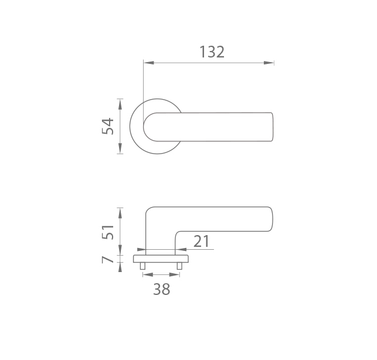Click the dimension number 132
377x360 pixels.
[x=212, y=52]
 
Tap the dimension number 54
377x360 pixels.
[x=108, y=126]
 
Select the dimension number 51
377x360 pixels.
[x=108, y=232]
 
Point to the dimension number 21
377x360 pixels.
[x=202, y=242]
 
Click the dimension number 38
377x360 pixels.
[x=162, y=289]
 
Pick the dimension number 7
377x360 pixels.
[x=107, y=260]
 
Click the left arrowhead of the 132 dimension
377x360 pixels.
[x=149, y=63]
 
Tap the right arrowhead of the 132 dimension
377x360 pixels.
[x=269, y=63]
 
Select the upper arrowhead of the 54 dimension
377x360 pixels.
[x=120, y=104]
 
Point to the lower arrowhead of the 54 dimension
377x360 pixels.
[x=120, y=148]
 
